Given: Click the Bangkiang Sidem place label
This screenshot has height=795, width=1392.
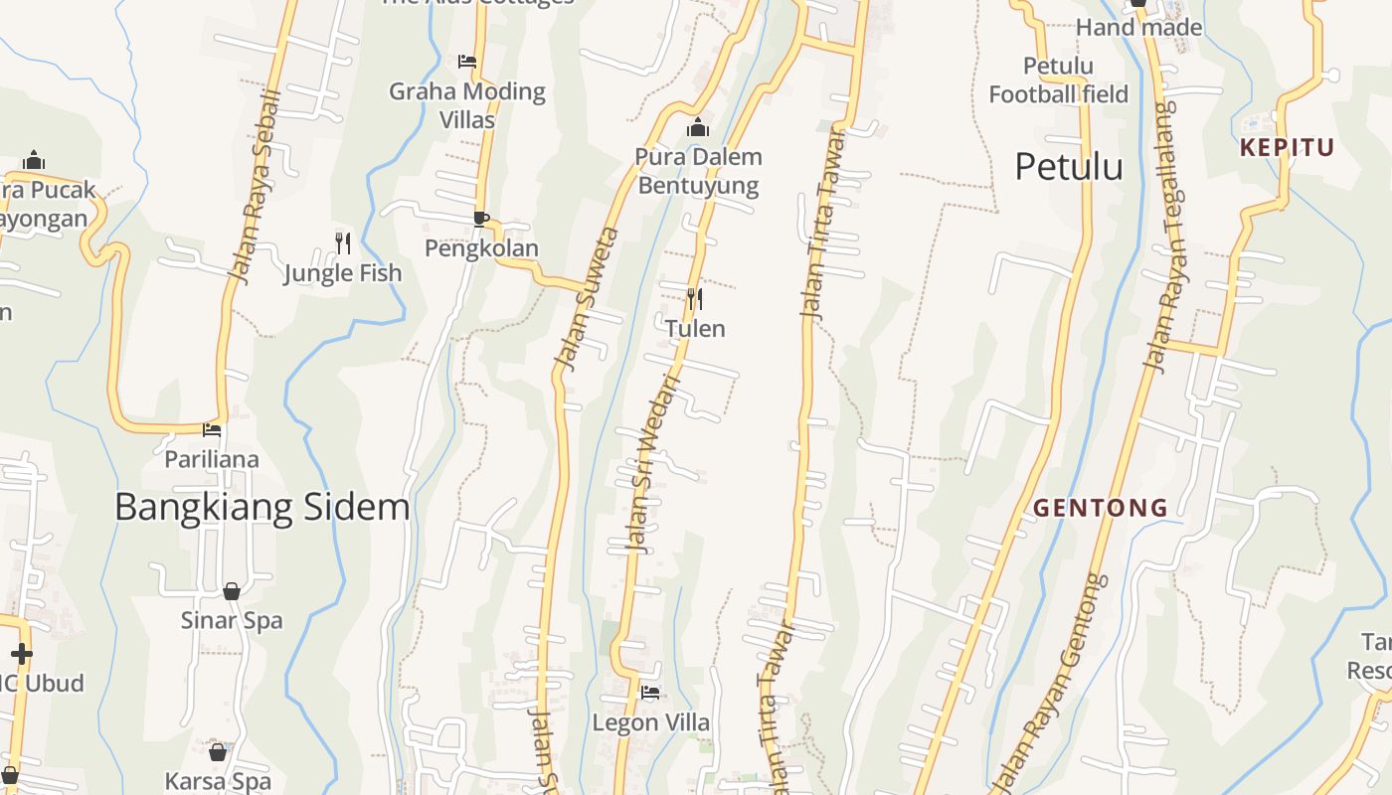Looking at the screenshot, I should click(x=262, y=507).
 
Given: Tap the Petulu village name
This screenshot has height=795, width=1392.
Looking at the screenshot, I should click(x=1069, y=167).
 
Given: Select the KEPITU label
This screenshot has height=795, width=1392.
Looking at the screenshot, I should click(x=1287, y=148).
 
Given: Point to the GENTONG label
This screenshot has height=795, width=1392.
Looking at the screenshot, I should click(x=1101, y=508).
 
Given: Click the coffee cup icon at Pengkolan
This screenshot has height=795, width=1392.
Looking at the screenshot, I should click(x=481, y=219).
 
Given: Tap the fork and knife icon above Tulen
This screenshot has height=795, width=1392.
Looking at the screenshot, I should click(x=695, y=298).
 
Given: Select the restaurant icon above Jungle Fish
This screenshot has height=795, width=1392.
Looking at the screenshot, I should click(x=343, y=242).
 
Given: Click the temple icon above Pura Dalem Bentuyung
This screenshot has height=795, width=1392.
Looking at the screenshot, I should click(x=698, y=127).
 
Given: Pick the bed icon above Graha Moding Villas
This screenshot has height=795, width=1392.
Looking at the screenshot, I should click(x=467, y=62).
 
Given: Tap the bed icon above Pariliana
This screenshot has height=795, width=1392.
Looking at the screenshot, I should click(x=212, y=430).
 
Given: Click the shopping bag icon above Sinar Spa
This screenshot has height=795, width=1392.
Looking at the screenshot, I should click(x=232, y=591).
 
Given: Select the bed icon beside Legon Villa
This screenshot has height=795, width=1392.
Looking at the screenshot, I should click(x=650, y=693).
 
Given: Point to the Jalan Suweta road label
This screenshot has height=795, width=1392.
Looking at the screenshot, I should click(x=587, y=299).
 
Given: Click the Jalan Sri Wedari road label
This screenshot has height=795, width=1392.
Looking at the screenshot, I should click(x=654, y=463).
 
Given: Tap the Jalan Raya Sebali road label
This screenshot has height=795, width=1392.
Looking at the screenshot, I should click(x=257, y=189).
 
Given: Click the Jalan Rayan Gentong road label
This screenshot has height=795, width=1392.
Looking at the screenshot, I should click(x=1050, y=676).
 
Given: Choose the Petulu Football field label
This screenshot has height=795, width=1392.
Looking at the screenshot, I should click(x=1058, y=80).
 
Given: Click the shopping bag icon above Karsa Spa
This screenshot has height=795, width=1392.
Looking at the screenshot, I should click(x=218, y=752).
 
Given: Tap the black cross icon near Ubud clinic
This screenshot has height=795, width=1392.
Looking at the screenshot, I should click(x=21, y=653).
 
